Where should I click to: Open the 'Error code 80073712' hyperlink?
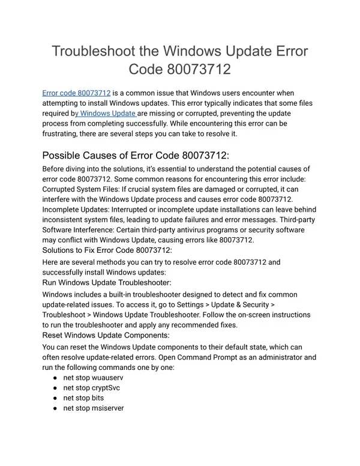click(76, 93)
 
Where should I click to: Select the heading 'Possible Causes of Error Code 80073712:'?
click(136, 154)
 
